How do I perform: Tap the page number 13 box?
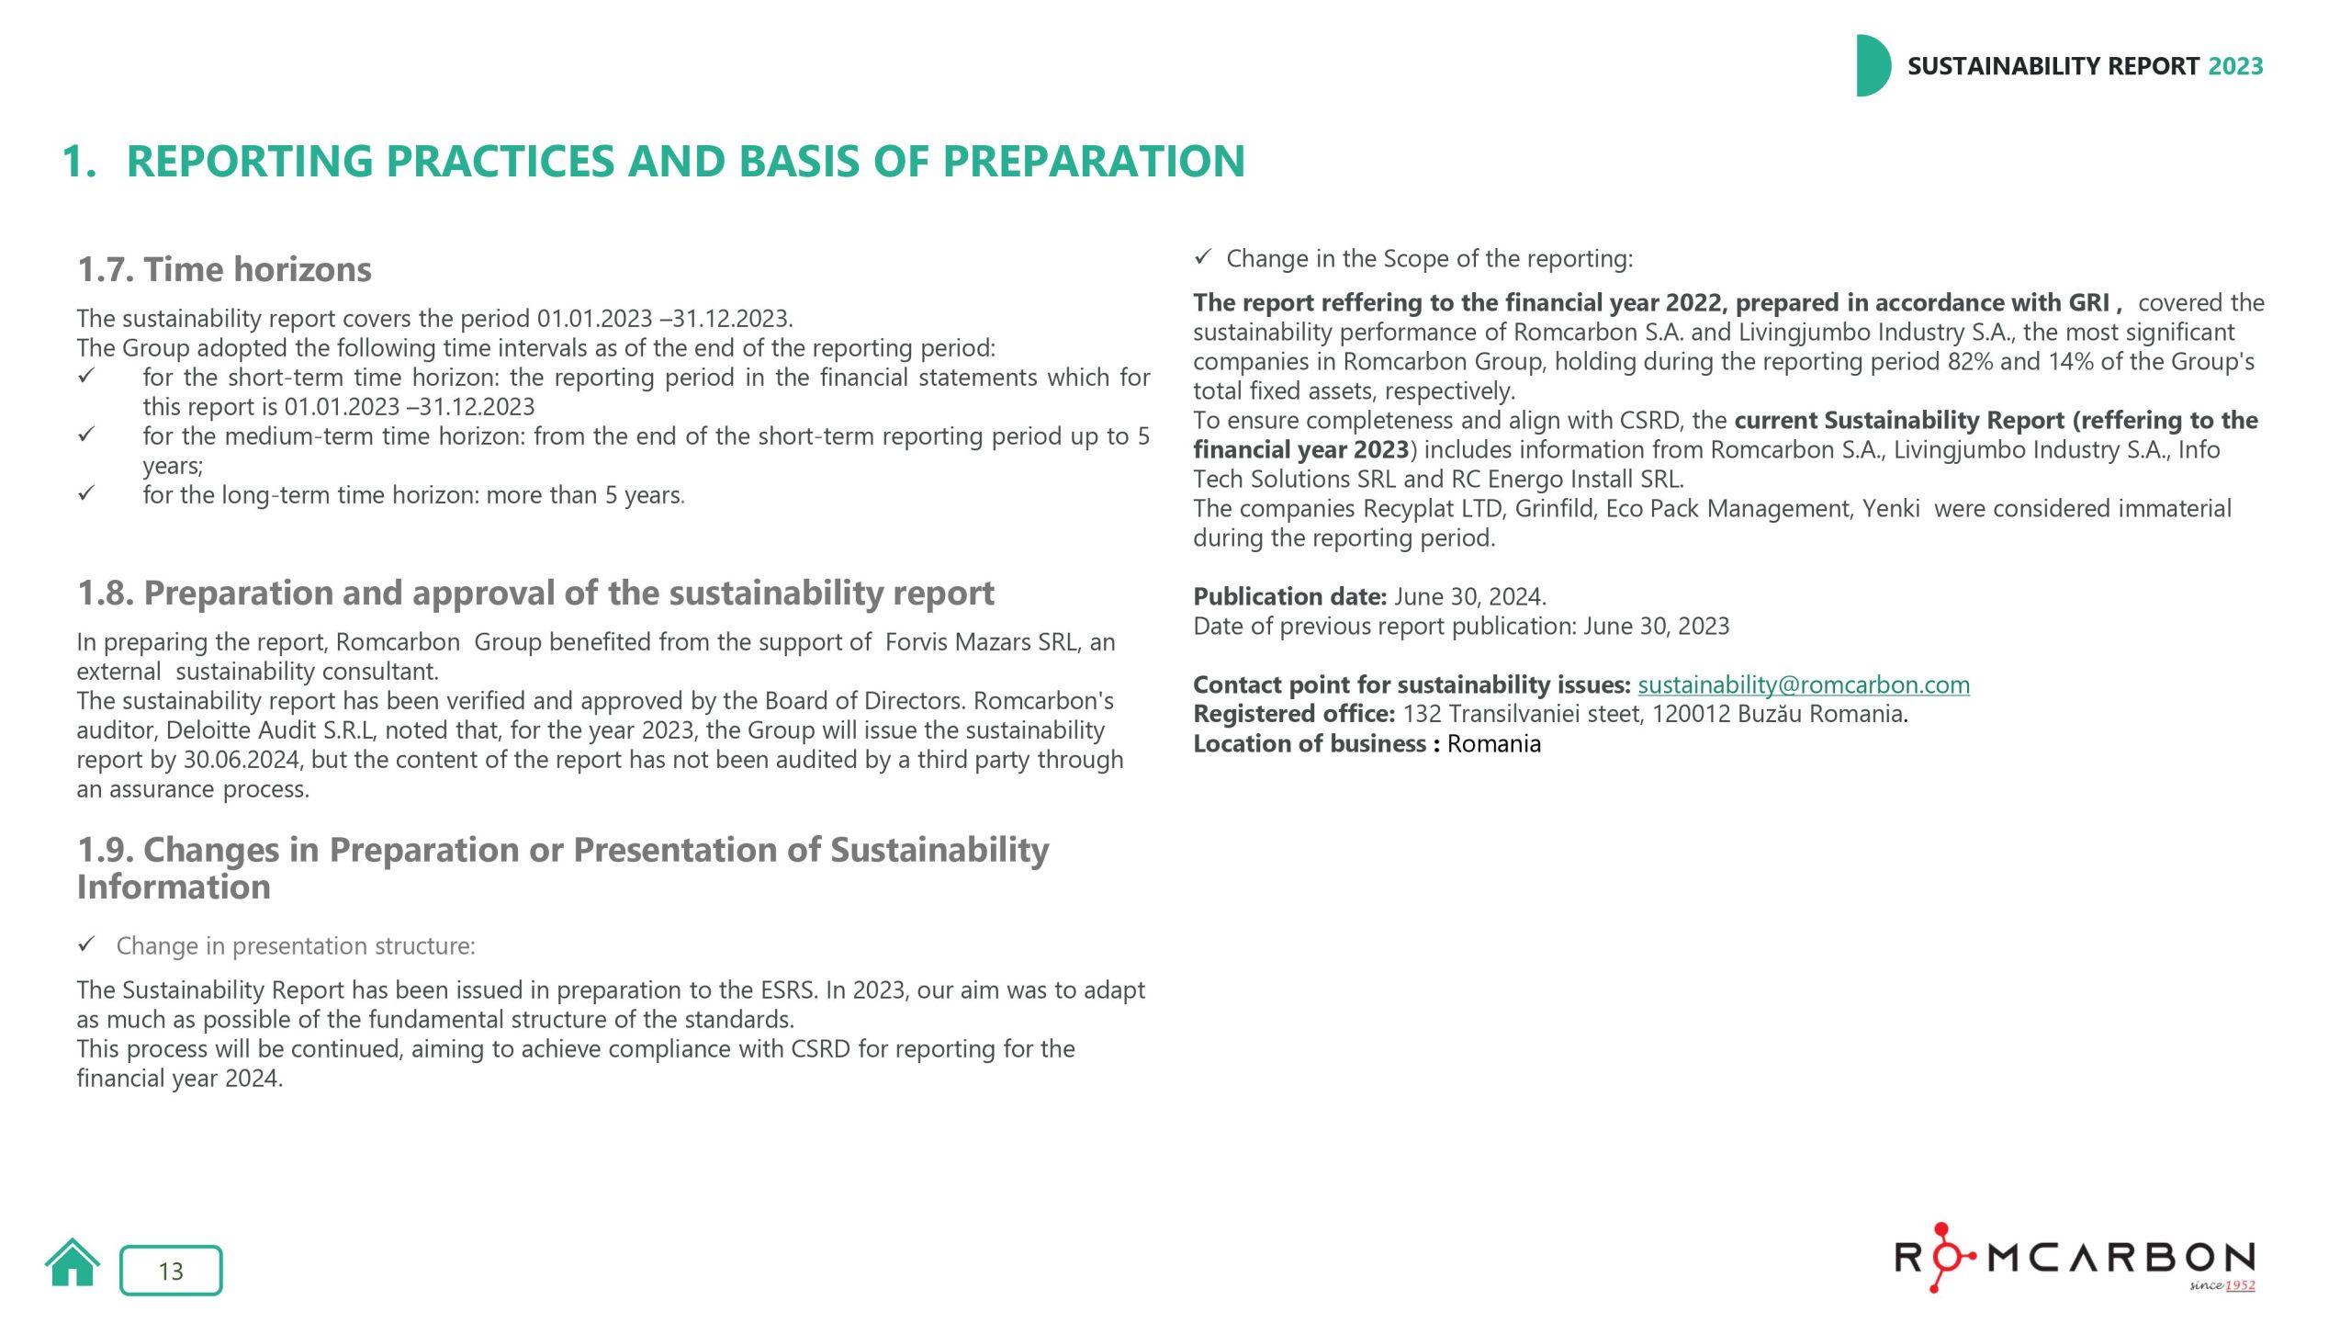click(171, 1271)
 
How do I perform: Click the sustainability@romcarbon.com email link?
click(1803, 684)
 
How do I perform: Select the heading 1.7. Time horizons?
click(224, 269)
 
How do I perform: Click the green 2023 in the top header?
click(2235, 66)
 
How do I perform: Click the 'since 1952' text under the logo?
click(2222, 1285)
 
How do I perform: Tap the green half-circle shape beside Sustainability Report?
click(1872, 66)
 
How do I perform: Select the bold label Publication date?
click(1289, 597)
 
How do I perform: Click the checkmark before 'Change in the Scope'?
click(1203, 258)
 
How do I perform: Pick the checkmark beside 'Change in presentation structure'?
click(86, 944)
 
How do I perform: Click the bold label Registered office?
click(1293, 714)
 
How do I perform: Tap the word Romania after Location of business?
click(1493, 744)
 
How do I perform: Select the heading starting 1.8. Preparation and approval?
click(534, 594)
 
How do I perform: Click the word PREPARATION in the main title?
click(1093, 162)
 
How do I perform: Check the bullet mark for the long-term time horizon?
click(86, 494)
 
